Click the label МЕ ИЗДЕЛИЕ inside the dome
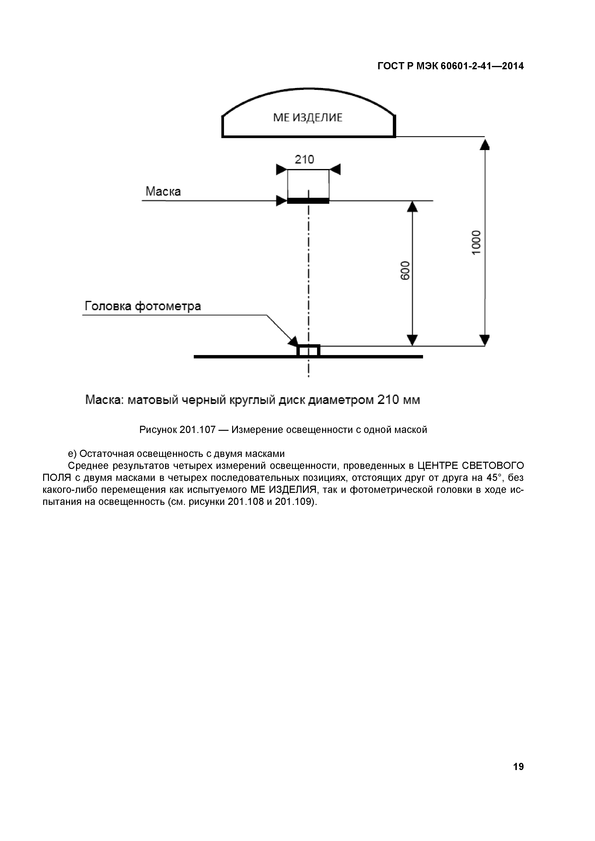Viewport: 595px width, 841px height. point(308,117)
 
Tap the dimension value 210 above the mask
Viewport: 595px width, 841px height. point(305,159)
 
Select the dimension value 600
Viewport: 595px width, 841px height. point(405,270)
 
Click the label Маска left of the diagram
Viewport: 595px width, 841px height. point(163,191)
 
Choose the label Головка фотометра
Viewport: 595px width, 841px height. point(143,306)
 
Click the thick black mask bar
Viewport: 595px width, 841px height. point(308,201)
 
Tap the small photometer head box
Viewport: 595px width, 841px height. point(308,350)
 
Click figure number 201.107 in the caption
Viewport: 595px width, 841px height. point(197,430)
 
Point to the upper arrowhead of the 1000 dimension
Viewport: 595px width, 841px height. point(484,145)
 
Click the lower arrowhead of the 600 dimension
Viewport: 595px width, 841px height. point(412,340)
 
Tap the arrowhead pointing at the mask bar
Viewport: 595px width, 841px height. point(281,201)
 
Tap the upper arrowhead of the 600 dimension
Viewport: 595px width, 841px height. point(412,207)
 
